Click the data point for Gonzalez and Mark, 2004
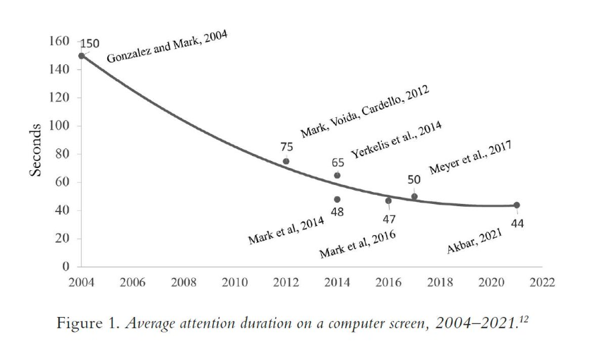click(x=81, y=56)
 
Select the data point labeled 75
click(x=286, y=161)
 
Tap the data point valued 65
click(x=337, y=175)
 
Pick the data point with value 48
click(x=337, y=199)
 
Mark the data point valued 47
click(x=388, y=200)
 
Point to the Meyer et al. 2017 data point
click(x=414, y=196)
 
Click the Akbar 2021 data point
click(x=517, y=205)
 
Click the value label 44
click(x=519, y=223)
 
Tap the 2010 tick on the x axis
click(x=234, y=283)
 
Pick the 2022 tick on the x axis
click(x=542, y=283)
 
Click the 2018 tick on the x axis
click(x=440, y=283)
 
